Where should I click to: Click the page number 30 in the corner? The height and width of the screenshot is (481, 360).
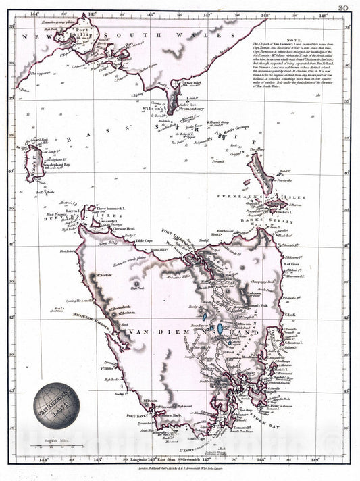pyautogui.click(x=343, y=7)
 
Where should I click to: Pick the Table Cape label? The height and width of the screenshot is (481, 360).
pyautogui.click(x=146, y=240)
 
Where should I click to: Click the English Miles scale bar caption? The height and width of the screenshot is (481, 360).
pyautogui.click(x=55, y=440)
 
